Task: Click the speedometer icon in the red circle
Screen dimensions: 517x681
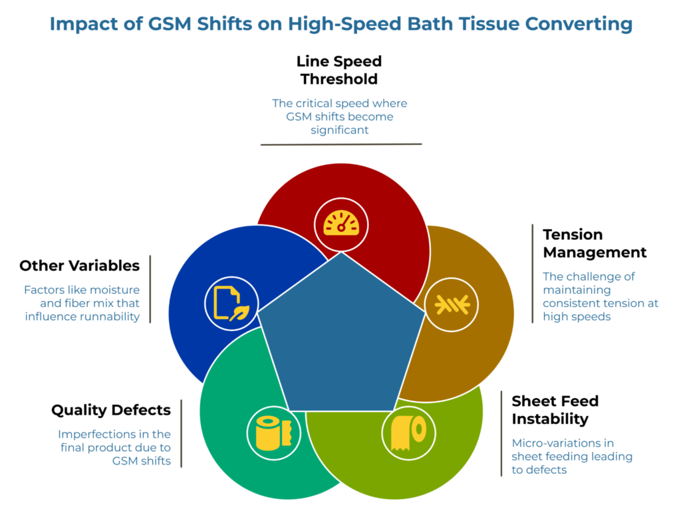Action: (x=341, y=223)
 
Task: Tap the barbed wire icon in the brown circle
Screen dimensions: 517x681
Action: (x=452, y=305)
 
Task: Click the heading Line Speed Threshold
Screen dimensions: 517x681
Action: (x=339, y=70)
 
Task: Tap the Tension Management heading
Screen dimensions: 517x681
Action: (x=595, y=243)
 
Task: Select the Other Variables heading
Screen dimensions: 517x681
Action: (x=79, y=266)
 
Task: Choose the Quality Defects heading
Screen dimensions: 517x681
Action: (x=111, y=410)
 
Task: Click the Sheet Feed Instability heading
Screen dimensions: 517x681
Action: (x=555, y=410)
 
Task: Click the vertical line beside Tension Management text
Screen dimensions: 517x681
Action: (x=532, y=273)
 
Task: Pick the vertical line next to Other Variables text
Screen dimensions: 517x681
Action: (x=150, y=289)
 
